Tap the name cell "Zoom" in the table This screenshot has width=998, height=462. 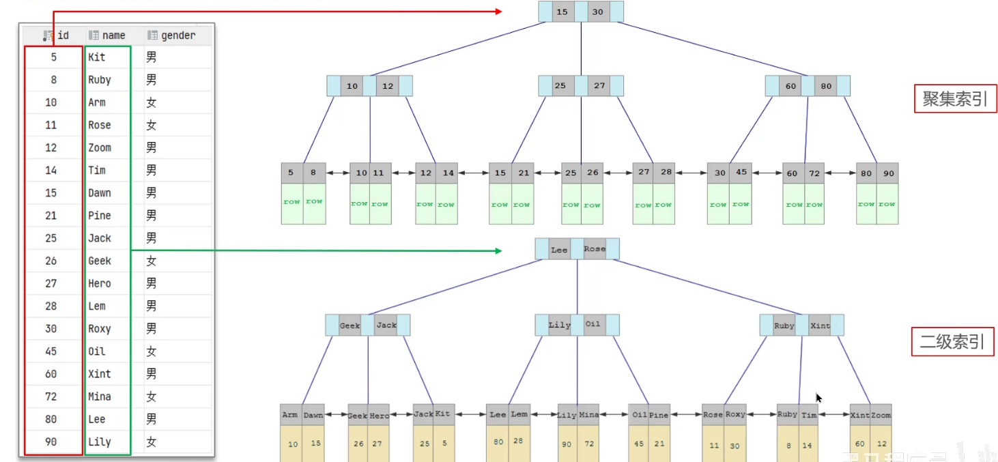click(100, 147)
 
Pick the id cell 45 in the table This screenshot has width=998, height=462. click(51, 351)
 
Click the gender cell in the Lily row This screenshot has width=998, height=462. click(152, 442)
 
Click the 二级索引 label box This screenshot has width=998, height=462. click(952, 342)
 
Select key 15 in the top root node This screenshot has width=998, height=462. click(562, 12)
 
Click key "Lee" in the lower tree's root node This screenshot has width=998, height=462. click(559, 250)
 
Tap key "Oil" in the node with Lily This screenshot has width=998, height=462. click(593, 324)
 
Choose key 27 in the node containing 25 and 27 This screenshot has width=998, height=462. click(599, 86)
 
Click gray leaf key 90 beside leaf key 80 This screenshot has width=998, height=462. click(888, 173)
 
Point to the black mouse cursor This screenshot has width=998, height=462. click(818, 397)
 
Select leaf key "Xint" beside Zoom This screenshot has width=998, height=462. click(859, 415)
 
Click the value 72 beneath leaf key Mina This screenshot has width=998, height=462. click(589, 444)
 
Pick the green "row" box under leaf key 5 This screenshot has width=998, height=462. click(292, 203)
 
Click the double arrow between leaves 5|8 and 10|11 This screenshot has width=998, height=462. click(337, 173)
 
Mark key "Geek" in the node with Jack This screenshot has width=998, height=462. click(350, 326)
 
